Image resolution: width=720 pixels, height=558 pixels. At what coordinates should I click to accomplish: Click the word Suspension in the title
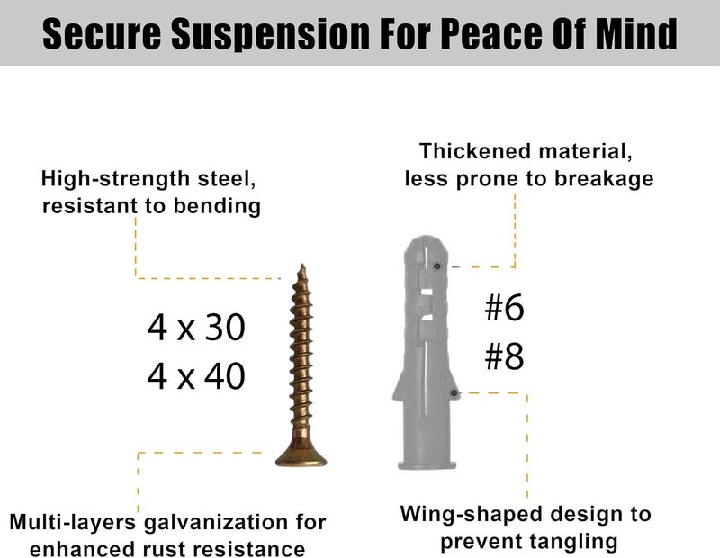271,33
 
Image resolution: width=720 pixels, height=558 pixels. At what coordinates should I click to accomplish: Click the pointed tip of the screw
302,265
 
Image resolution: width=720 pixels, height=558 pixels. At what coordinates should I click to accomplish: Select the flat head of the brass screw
301,459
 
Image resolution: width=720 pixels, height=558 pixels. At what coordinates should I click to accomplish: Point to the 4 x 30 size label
196,328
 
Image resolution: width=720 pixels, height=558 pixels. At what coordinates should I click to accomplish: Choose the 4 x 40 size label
196,376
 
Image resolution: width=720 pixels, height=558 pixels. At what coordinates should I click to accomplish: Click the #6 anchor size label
504,308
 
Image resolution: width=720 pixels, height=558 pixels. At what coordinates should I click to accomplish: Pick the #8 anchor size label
504,356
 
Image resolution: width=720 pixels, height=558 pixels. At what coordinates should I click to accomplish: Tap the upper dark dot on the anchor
437,265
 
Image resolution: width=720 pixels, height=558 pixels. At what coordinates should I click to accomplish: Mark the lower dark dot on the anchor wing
454,393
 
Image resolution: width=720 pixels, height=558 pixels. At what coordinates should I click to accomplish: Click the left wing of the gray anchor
400,385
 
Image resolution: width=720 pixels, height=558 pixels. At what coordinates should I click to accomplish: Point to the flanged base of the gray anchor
427,463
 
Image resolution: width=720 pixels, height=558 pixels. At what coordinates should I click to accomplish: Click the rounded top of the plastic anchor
427,243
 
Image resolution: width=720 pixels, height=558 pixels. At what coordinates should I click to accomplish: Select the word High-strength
115,179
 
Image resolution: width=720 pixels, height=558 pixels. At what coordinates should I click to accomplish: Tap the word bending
217,207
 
